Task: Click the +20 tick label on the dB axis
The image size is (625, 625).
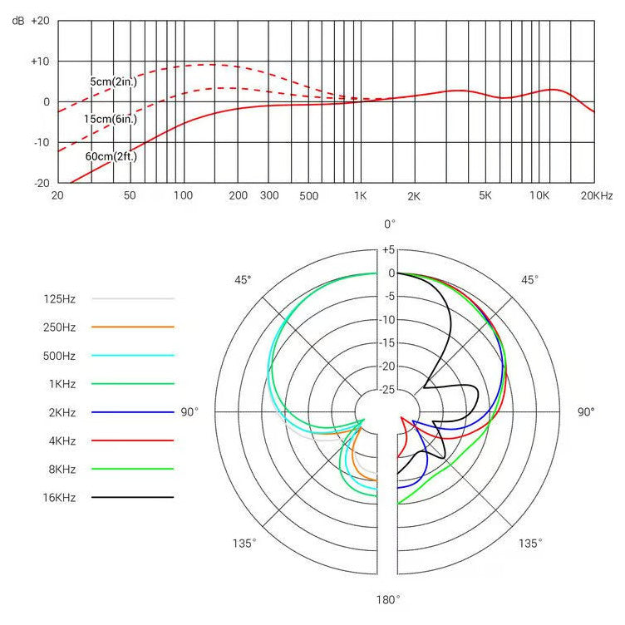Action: coord(41,21)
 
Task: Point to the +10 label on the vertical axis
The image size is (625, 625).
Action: coord(41,62)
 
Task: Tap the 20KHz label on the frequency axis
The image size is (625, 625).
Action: coord(596,195)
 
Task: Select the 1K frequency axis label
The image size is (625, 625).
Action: coord(360,195)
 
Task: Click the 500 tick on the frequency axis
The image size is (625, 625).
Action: coord(308,195)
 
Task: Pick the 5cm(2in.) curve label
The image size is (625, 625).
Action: coord(115,81)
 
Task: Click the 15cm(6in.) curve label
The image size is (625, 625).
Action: coord(110,119)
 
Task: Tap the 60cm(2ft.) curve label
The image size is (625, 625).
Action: coord(111,155)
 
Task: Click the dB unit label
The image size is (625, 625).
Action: coord(17,21)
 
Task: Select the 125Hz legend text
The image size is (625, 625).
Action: coord(61,298)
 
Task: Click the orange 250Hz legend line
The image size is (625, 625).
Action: coord(133,327)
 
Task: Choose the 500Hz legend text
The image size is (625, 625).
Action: coord(61,356)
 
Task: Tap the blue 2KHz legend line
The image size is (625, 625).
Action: coord(133,412)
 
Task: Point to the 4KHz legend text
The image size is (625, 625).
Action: coord(61,440)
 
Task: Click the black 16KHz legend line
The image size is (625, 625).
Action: coord(133,497)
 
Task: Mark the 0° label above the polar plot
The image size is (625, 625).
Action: coord(389,224)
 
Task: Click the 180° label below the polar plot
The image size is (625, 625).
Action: coord(388,598)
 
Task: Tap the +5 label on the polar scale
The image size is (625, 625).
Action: coord(388,250)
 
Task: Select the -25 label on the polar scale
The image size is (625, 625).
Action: coord(388,390)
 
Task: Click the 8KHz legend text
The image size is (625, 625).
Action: coord(61,469)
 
